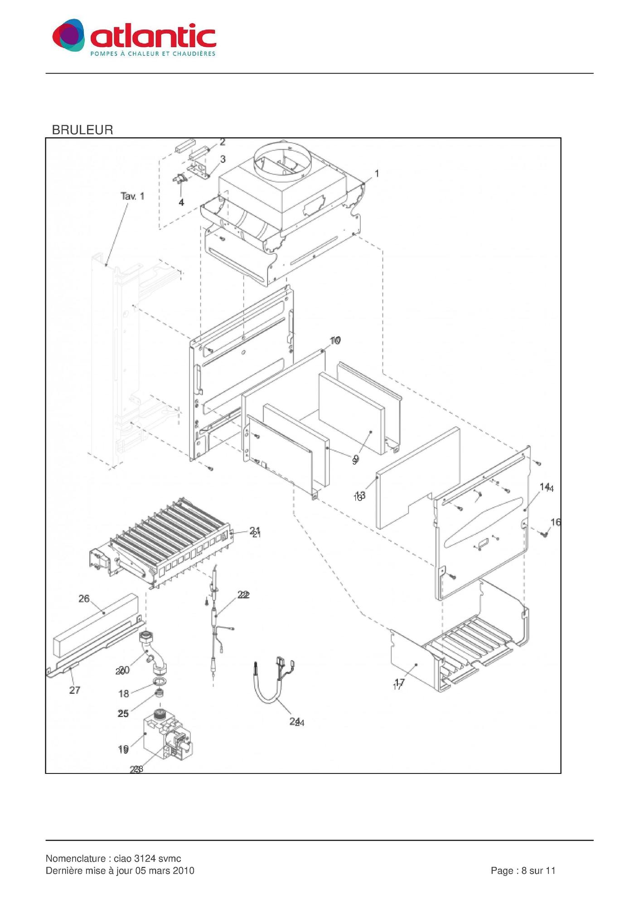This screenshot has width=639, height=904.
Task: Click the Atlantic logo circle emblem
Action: [x=68, y=35]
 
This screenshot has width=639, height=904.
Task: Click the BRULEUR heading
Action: [x=82, y=130]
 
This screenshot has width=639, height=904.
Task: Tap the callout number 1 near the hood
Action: [x=377, y=174]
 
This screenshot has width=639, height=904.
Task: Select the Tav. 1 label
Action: [x=132, y=196]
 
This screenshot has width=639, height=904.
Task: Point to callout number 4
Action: [x=181, y=203]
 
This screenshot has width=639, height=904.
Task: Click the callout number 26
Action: [x=84, y=599]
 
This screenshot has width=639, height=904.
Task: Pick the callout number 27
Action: [x=75, y=690]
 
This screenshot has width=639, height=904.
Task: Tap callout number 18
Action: [x=124, y=694]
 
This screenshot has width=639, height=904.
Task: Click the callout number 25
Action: [x=123, y=714]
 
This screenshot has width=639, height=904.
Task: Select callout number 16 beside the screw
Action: [x=556, y=522]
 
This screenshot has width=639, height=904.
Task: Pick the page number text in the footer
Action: [x=523, y=871]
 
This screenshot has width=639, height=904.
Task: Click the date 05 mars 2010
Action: [x=168, y=871]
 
